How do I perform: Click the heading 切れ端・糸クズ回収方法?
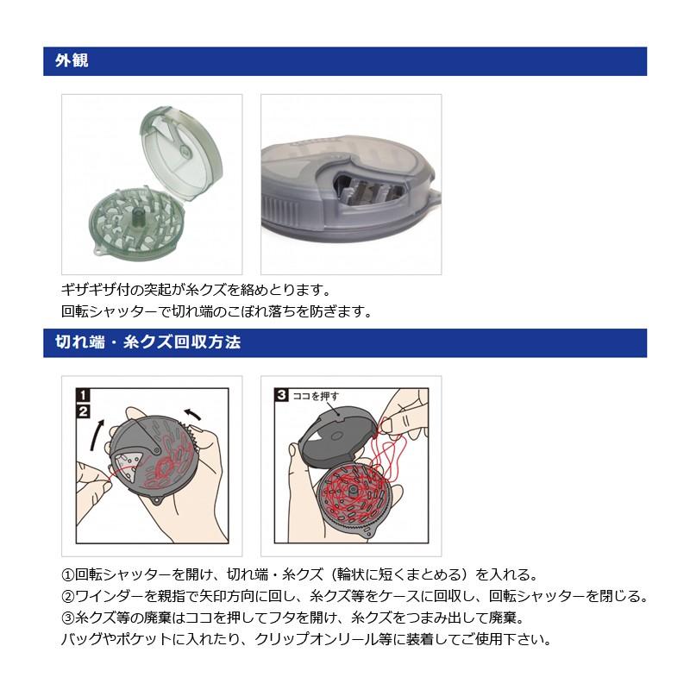tap(142, 342)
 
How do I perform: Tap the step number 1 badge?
tap(84, 397)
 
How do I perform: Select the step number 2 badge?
tap(84, 411)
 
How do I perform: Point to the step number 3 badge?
tap(282, 397)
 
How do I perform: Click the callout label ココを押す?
tap(317, 397)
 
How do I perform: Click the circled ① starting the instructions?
tap(68, 574)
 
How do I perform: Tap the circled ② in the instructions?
tap(68, 597)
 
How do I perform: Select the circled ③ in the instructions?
tap(68, 618)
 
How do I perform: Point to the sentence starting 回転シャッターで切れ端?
tap(217, 311)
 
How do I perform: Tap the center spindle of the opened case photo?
tap(135, 216)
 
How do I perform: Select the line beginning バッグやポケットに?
tap(306, 640)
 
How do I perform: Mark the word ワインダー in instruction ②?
tap(108, 597)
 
